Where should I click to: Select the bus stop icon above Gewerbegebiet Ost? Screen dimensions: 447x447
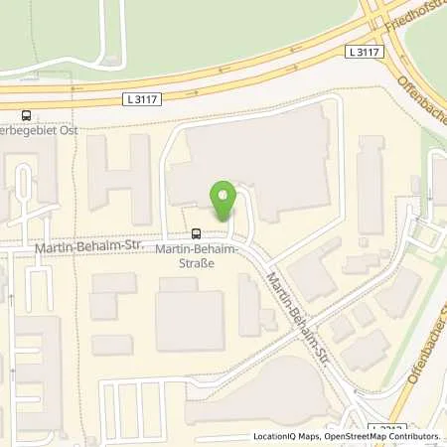coord(25,115)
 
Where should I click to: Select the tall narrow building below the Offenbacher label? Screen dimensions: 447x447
coord(370,178)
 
